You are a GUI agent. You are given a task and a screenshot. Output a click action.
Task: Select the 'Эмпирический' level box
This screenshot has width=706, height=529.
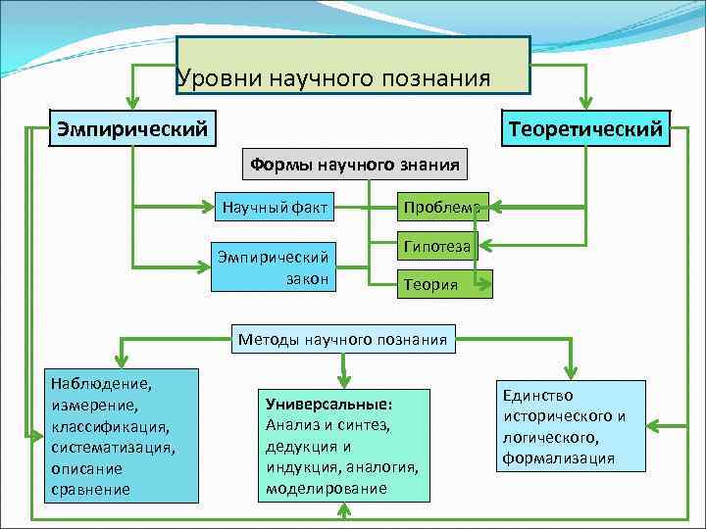coord(132,128)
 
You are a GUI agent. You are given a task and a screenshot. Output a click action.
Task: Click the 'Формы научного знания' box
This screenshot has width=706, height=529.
coord(354,164)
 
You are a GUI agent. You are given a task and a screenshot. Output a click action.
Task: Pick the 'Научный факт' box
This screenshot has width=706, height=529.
coord(275,207)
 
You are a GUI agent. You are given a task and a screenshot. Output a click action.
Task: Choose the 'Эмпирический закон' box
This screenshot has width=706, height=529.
coord(274,266)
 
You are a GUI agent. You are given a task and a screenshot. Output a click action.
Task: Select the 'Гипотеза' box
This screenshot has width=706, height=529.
coord(435,247)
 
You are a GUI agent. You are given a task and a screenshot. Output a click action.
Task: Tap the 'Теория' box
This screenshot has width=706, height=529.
coord(431,284)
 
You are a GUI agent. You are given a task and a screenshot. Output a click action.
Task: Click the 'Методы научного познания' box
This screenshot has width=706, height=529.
coord(343,340)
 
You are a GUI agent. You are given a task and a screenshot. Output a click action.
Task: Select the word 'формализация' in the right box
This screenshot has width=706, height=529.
coord(559,457)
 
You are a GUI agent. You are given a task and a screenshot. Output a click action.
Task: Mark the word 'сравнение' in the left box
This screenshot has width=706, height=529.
coord(91,489)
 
